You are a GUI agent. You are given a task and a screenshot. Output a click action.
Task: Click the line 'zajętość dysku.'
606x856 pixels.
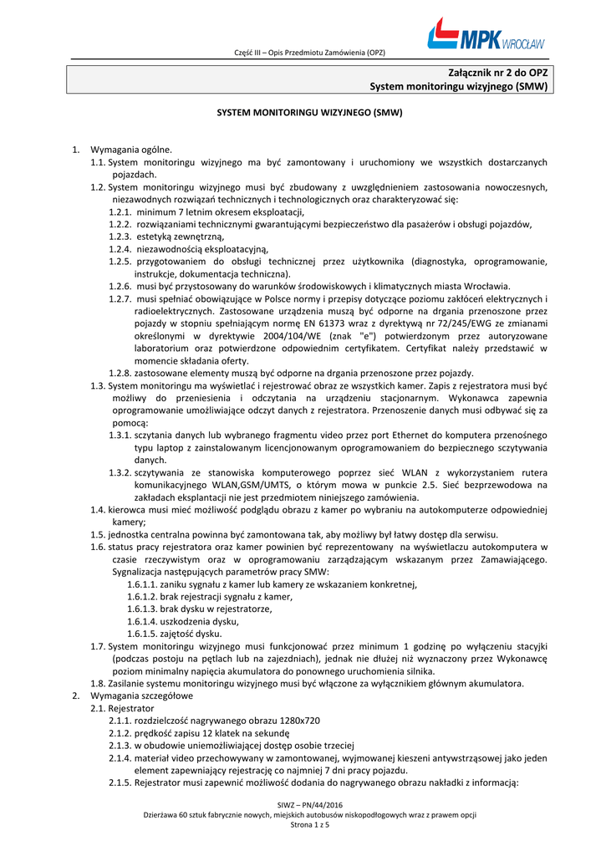(190, 634)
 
